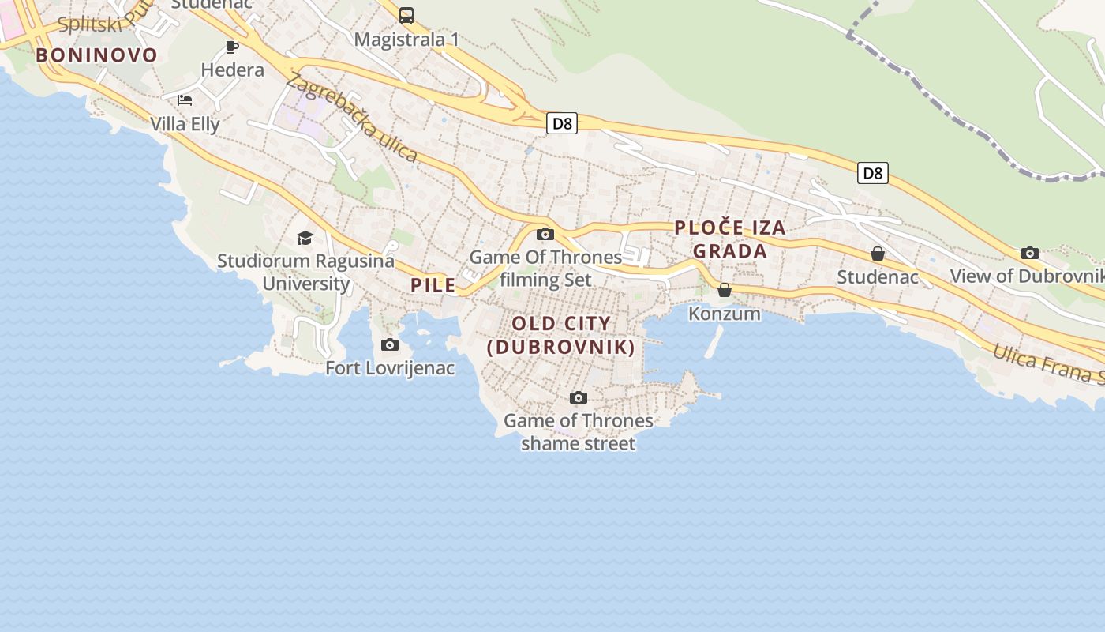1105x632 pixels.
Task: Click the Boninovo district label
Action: [96, 55]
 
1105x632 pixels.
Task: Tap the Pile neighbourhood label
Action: [433, 285]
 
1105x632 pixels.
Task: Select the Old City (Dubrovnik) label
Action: [561, 335]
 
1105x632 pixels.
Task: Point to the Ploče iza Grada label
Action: [730, 239]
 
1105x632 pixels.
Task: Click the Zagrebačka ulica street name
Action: [352, 117]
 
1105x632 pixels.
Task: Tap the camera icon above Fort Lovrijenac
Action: [390, 344]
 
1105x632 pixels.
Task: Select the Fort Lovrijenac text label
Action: [390, 368]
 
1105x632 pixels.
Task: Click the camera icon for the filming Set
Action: [545, 234]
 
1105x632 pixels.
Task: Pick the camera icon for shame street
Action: [579, 397]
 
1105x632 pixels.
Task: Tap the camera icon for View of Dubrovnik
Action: [1030, 253]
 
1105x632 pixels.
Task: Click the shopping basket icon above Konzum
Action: [725, 290]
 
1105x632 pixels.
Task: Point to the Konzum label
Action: [725, 314]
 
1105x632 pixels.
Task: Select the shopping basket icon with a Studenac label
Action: [878, 254]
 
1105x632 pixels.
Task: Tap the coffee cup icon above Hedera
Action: [232, 47]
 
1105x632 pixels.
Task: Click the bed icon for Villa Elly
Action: [185, 100]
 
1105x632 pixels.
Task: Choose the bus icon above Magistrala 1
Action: [406, 15]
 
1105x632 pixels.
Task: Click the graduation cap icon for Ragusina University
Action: [305, 238]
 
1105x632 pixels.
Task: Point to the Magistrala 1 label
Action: [406, 39]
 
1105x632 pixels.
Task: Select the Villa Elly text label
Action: [185, 124]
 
